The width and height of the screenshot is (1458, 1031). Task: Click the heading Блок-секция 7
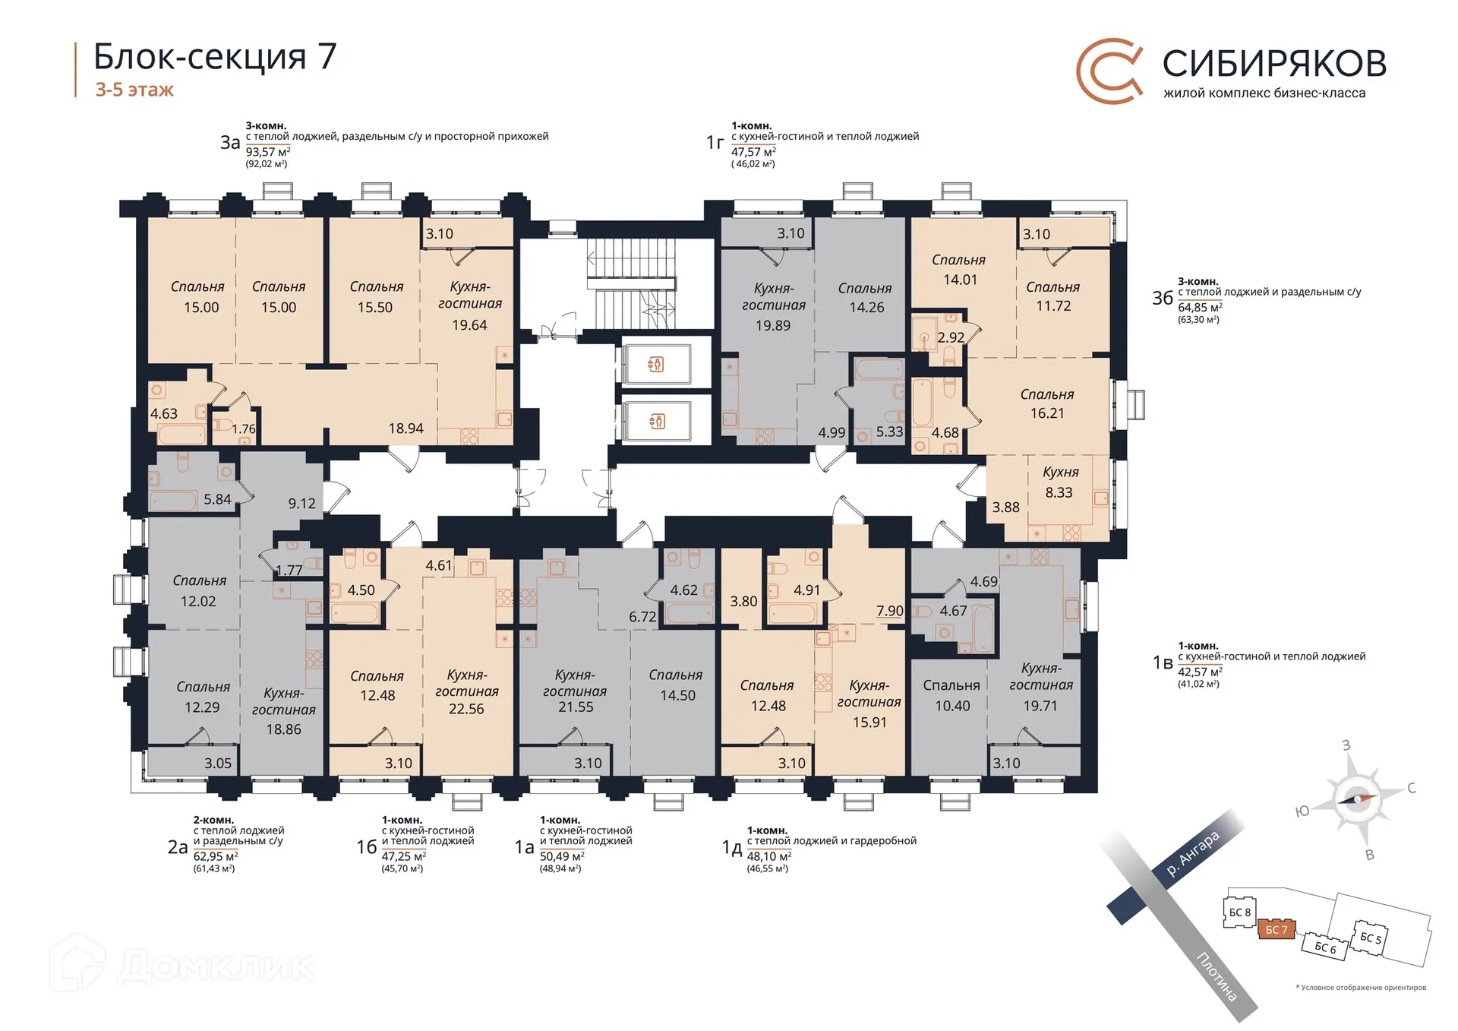point(215,57)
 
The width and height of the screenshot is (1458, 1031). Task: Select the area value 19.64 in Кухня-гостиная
point(469,325)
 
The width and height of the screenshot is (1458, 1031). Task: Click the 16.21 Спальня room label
point(1046,404)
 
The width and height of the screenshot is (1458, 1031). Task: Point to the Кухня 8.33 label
point(1059,482)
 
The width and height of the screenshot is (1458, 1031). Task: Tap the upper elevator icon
point(656,365)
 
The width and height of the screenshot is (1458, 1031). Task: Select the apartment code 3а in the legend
point(230,143)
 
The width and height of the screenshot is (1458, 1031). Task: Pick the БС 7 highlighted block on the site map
point(1276,930)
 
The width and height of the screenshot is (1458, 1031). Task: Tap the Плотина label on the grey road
point(1217,976)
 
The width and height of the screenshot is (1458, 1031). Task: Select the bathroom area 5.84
point(217,500)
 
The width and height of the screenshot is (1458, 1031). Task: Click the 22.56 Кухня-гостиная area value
point(465,709)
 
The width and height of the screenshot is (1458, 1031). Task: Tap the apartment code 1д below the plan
point(731,848)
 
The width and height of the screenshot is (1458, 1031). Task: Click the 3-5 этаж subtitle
point(134,90)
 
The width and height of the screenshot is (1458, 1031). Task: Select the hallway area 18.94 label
point(406,429)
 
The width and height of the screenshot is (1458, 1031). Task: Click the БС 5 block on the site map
point(1371,938)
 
